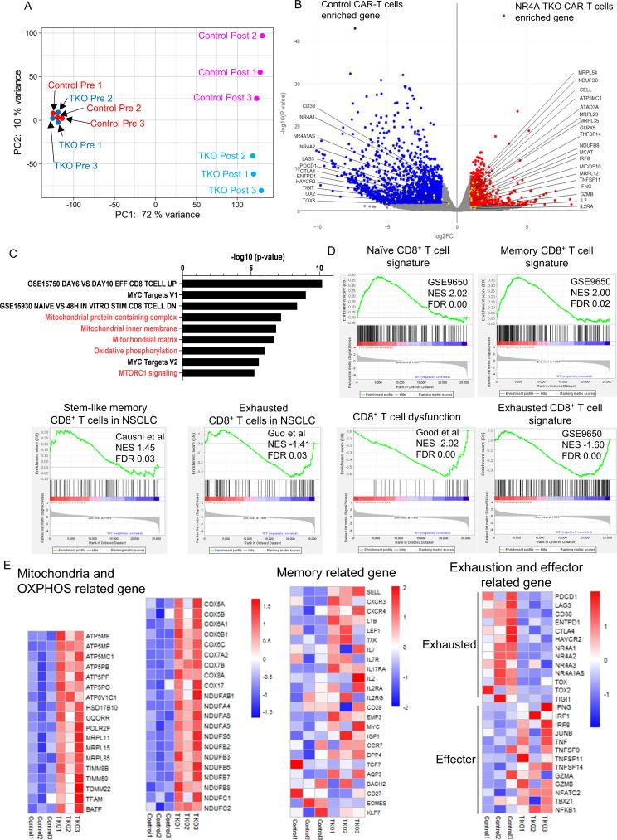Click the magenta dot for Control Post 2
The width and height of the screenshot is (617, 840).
262,36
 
